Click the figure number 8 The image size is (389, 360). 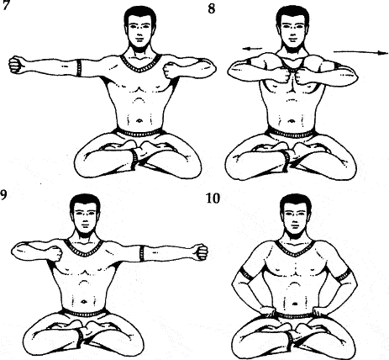[x=212, y=8]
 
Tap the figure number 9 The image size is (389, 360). [x=3, y=194]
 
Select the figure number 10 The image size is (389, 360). [x=213, y=199]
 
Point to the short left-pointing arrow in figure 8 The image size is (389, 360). [x=252, y=49]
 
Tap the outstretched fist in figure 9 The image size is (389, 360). [x=201, y=251]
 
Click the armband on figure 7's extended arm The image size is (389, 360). [x=79, y=67]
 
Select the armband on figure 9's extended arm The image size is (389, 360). [x=142, y=253]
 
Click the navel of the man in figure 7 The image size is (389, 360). [x=139, y=121]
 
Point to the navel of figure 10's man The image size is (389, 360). [x=294, y=304]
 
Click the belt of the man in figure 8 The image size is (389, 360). [x=292, y=133]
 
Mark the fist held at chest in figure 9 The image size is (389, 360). [x=56, y=253]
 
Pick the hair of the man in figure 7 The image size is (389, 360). [x=140, y=15]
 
